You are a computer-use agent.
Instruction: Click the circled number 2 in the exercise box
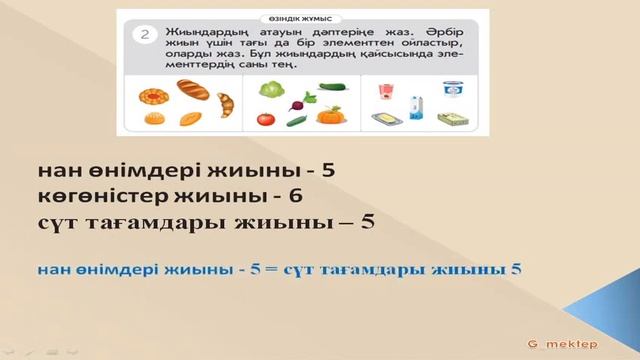click(147, 35)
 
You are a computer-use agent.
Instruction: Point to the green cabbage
click(273, 89)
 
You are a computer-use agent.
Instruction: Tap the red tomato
click(266, 119)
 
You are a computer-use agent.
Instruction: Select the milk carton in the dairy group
click(417, 103)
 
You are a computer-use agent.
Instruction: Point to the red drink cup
click(384, 95)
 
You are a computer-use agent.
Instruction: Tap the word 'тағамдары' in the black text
click(151, 223)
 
